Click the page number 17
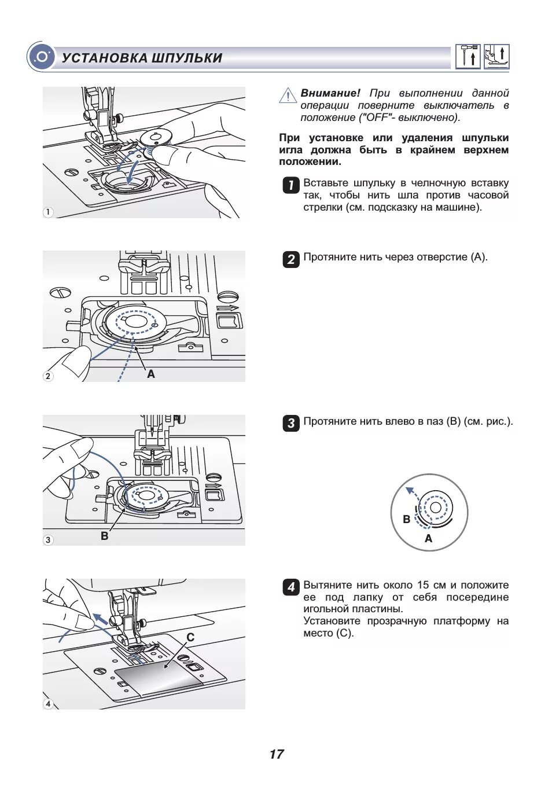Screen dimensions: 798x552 [x=276, y=754]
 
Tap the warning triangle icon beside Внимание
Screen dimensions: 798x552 [x=288, y=95]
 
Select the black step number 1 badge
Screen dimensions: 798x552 [x=290, y=185]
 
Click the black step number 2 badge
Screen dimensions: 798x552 [x=290, y=259]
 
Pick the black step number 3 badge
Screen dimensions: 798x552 [x=290, y=423]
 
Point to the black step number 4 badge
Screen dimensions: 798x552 [x=290, y=587]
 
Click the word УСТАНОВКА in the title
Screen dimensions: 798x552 [x=104, y=58]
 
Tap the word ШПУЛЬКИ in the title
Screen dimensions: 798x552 [x=187, y=58]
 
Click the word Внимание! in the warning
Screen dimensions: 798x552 [x=330, y=93]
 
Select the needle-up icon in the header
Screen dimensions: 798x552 [x=468, y=57]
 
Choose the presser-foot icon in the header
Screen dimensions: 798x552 [x=496, y=57]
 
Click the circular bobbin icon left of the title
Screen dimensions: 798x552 [x=41, y=57]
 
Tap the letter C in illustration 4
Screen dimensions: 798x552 [x=190, y=637]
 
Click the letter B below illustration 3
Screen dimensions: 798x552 [x=104, y=536]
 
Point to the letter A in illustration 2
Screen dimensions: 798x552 [x=151, y=374]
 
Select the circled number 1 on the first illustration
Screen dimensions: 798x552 [x=48, y=212]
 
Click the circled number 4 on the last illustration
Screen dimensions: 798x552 [x=48, y=704]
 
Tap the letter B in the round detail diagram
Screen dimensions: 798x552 [x=406, y=519]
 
